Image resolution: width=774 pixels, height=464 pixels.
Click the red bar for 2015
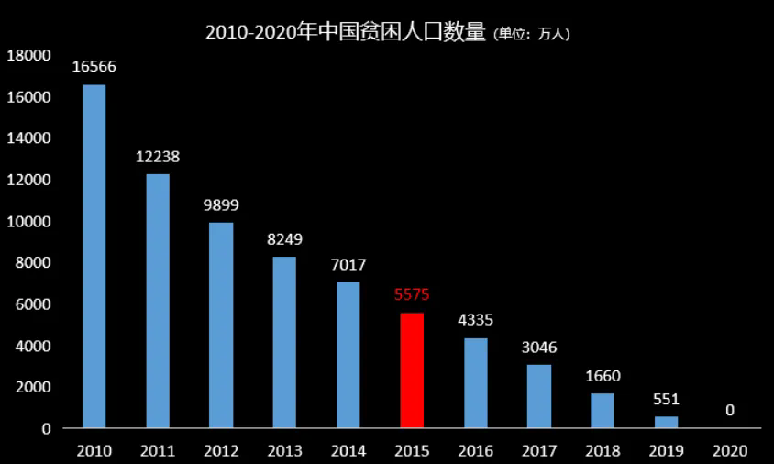412,370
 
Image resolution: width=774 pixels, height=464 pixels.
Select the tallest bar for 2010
94,257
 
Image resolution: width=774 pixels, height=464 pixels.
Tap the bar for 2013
284,342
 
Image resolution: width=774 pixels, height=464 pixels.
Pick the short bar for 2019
666,423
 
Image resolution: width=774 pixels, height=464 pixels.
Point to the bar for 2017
539,396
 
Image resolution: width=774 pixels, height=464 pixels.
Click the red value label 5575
412,295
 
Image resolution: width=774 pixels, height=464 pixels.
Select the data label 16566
94,67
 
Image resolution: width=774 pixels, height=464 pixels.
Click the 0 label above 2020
730,410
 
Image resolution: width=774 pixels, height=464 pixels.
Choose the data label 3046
539,348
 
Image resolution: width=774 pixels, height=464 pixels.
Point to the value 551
666,399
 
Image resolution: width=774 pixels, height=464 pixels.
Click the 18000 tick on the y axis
28,56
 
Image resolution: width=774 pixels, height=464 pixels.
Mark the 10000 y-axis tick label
28,222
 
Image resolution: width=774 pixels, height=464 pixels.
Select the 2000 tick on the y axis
32,388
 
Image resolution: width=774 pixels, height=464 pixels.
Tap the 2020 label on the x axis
730,451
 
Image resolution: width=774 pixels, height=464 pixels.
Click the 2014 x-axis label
348,451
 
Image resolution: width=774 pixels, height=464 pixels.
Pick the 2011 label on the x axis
158,451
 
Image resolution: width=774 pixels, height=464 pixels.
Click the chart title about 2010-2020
345,33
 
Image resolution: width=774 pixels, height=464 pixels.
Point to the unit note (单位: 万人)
532,35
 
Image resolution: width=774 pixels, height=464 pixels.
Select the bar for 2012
221,326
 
